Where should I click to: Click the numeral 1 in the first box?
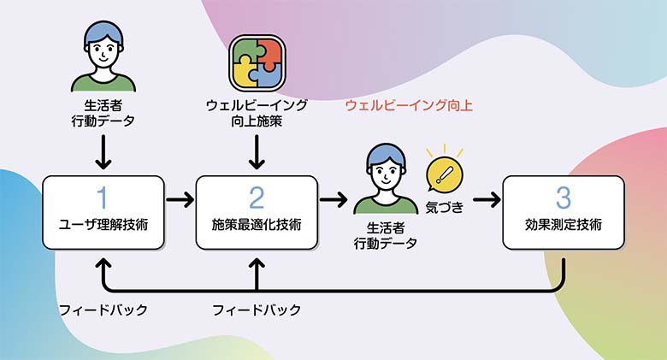[x=103, y=198]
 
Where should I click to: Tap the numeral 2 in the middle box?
[x=257, y=198]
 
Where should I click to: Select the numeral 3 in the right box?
[x=563, y=198]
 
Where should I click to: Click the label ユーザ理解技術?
[x=103, y=226]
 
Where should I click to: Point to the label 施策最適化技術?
[x=257, y=226]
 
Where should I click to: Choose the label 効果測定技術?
[x=563, y=226]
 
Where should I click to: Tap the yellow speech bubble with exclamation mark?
[x=444, y=174]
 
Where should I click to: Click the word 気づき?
[x=444, y=206]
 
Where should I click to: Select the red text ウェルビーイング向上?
[x=409, y=106]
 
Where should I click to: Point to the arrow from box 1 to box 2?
[x=180, y=200]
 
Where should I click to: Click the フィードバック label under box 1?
[x=103, y=310]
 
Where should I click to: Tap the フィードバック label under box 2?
[x=257, y=310]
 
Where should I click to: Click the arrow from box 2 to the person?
[x=333, y=200]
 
